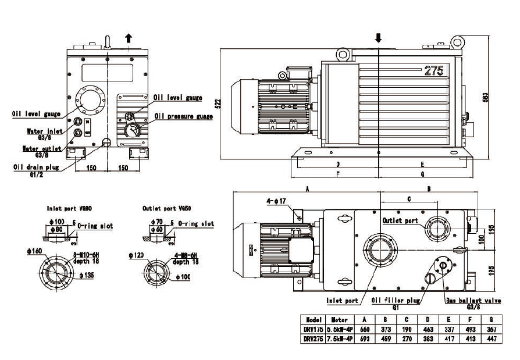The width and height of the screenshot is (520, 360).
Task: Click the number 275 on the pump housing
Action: [x=434, y=71]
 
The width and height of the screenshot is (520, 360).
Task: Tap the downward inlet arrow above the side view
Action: [x=378, y=38]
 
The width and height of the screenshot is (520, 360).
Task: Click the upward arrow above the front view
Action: [x=129, y=38]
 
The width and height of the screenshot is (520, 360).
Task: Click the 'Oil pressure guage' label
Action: [x=183, y=116]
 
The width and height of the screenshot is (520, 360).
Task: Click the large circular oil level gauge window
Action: [x=89, y=102]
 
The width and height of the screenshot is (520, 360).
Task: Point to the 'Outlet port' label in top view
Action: [x=400, y=221]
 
